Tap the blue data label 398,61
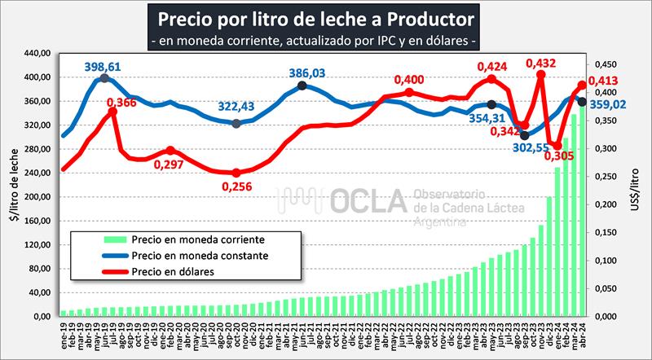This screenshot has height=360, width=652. pyautogui.click(x=104, y=65)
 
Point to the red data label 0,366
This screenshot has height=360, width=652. pyautogui.click(x=121, y=103)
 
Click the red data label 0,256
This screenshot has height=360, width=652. pyautogui.click(x=236, y=186)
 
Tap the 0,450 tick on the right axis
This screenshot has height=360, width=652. pyautogui.click(x=601, y=64)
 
